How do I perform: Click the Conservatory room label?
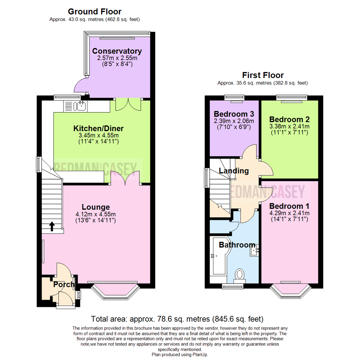tap(117, 51)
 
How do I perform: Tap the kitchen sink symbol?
tap(81, 106)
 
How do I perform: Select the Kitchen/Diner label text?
tap(99, 128)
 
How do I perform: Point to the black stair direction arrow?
tap(52, 227)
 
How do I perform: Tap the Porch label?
tap(64, 285)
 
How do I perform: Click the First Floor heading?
tap(263, 75)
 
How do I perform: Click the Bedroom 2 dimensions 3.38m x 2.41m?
tap(289, 126)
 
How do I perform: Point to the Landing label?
tap(234, 171)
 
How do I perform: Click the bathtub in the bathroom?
tap(218, 257)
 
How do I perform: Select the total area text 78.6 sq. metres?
tap(177, 319)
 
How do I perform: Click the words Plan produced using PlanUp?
tap(180, 355)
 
